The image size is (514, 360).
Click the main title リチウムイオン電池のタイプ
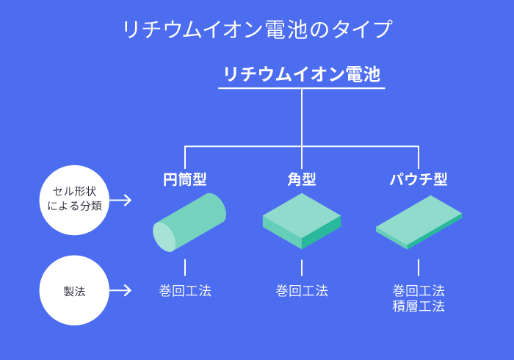click(x=257, y=29)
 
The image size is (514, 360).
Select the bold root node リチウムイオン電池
click(x=302, y=74)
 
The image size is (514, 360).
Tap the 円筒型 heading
click(x=185, y=179)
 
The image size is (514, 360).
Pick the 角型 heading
click(x=302, y=179)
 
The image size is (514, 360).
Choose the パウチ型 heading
click(x=419, y=179)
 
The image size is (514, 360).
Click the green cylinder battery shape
click(x=189, y=223)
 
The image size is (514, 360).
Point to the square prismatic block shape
click(x=302, y=221)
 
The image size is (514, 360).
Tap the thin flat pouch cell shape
click(x=419, y=223)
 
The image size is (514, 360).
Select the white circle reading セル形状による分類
click(x=74, y=200)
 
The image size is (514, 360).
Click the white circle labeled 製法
click(x=74, y=290)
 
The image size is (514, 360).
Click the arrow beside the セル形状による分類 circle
click(x=120, y=200)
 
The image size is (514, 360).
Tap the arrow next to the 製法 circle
click(x=120, y=290)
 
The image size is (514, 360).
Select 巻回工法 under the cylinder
click(x=185, y=291)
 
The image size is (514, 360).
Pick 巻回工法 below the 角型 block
click(x=302, y=291)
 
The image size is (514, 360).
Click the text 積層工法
click(x=419, y=306)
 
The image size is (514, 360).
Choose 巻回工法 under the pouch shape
click(x=419, y=291)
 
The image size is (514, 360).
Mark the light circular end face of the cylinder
click(x=164, y=237)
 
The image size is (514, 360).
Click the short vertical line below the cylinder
click(x=185, y=267)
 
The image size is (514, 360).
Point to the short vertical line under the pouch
click(x=419, y=267)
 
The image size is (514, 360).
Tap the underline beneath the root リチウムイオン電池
click(x=302, y=88)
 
